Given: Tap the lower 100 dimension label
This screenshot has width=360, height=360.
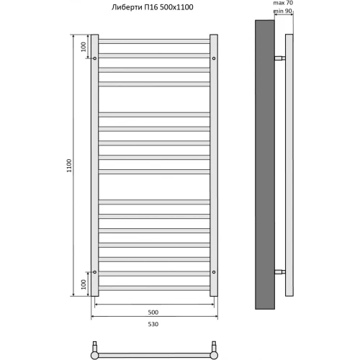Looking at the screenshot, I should (x=84, y=284).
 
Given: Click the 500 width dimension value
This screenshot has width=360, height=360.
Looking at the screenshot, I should (x=153, y=312).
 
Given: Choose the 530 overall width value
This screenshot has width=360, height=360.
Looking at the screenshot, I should (x=153, y=325).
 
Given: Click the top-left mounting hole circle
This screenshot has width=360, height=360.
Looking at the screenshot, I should (x=94, y=58).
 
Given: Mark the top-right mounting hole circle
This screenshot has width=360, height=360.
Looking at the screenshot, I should (x=214, y=58).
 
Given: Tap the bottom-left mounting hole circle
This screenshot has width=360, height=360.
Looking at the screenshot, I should (x=94, y=272).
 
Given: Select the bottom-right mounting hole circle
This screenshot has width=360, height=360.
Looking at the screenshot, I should (x=214, y=272).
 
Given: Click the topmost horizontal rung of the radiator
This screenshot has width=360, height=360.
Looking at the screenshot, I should (x=154, y=40).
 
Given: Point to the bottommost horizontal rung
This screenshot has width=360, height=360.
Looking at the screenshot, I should (x=154, y=288).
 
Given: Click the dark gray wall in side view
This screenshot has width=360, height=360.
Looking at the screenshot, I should (x=264, y=166).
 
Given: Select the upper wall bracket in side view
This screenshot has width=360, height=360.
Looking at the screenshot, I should (x=279, y=58).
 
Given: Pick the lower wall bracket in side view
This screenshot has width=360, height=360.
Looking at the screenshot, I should (x=279, y=272).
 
